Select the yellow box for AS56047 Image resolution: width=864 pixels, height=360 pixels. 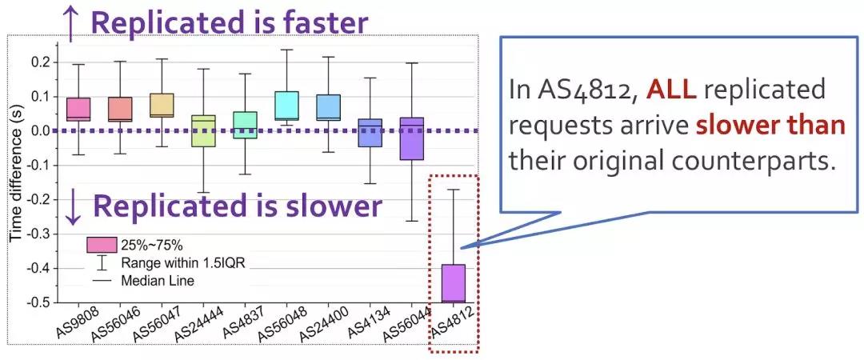tap(162, 106)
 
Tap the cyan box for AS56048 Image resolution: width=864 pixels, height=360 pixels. tap(286, 106)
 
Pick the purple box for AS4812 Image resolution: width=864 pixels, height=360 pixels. tap(454, 283)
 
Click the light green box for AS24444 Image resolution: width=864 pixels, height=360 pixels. tap(204, 130)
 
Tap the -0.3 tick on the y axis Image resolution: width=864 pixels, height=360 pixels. tap(45, 234)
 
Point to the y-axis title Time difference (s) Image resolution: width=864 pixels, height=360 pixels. tap(18, 181)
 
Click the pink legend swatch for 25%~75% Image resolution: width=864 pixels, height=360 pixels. tap(102, 244)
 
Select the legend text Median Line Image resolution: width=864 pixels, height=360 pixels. tap(158, 281)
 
